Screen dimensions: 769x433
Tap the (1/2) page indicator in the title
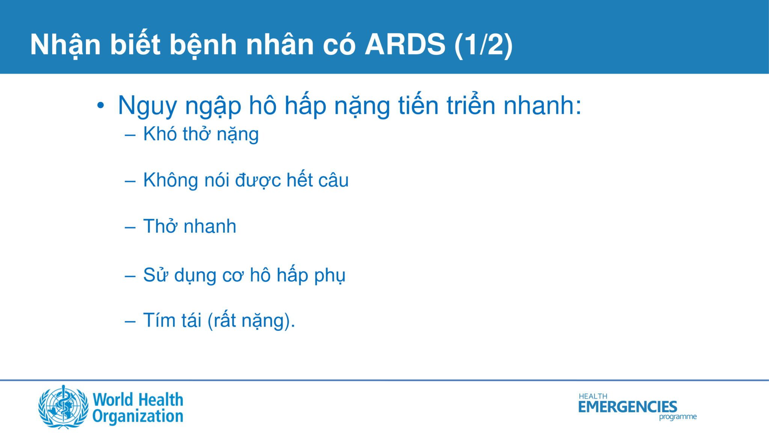[484, 45]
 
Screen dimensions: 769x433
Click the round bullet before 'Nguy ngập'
[100, 106]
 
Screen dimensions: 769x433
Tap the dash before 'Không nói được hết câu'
[130, 181]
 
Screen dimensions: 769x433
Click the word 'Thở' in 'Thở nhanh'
[161, 226]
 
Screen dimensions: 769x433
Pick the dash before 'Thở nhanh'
[130, 227]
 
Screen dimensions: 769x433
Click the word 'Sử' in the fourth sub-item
[155, 274]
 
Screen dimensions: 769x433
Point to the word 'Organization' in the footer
[138, 416]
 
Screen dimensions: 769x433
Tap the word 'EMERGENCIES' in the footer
[627, 407]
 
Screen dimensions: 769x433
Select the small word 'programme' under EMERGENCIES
[678, 417]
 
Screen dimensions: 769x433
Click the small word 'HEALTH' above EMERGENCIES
[593, 396]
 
